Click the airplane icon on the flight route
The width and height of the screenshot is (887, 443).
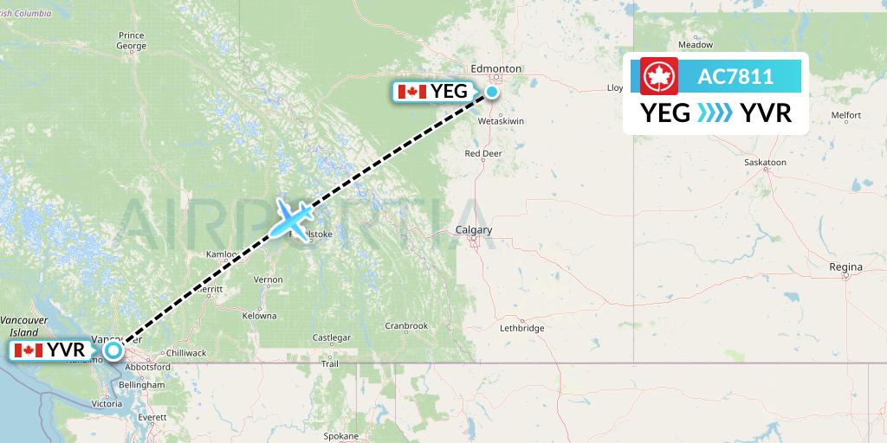click(292, 218)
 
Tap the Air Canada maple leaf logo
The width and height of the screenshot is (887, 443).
click(658, 76)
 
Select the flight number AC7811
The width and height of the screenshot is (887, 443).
click(735, 76)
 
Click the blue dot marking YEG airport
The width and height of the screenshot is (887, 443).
click(492, 92)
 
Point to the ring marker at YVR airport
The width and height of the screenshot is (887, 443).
click(112, 351)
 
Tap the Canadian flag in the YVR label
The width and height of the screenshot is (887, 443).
click(29, 350)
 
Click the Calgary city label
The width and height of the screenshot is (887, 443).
click(474, 230)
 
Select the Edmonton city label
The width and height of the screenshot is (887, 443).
click(496, 68)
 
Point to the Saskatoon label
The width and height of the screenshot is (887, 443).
click(767, 162)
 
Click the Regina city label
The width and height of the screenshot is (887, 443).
click(845, 266)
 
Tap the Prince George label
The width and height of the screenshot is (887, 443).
click(131, 40)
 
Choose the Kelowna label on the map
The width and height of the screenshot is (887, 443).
click(259, 316)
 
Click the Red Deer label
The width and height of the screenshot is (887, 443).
click(484, 154)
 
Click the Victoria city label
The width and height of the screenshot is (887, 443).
click(106, 404)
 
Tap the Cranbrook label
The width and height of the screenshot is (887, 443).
click(406, 326)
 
